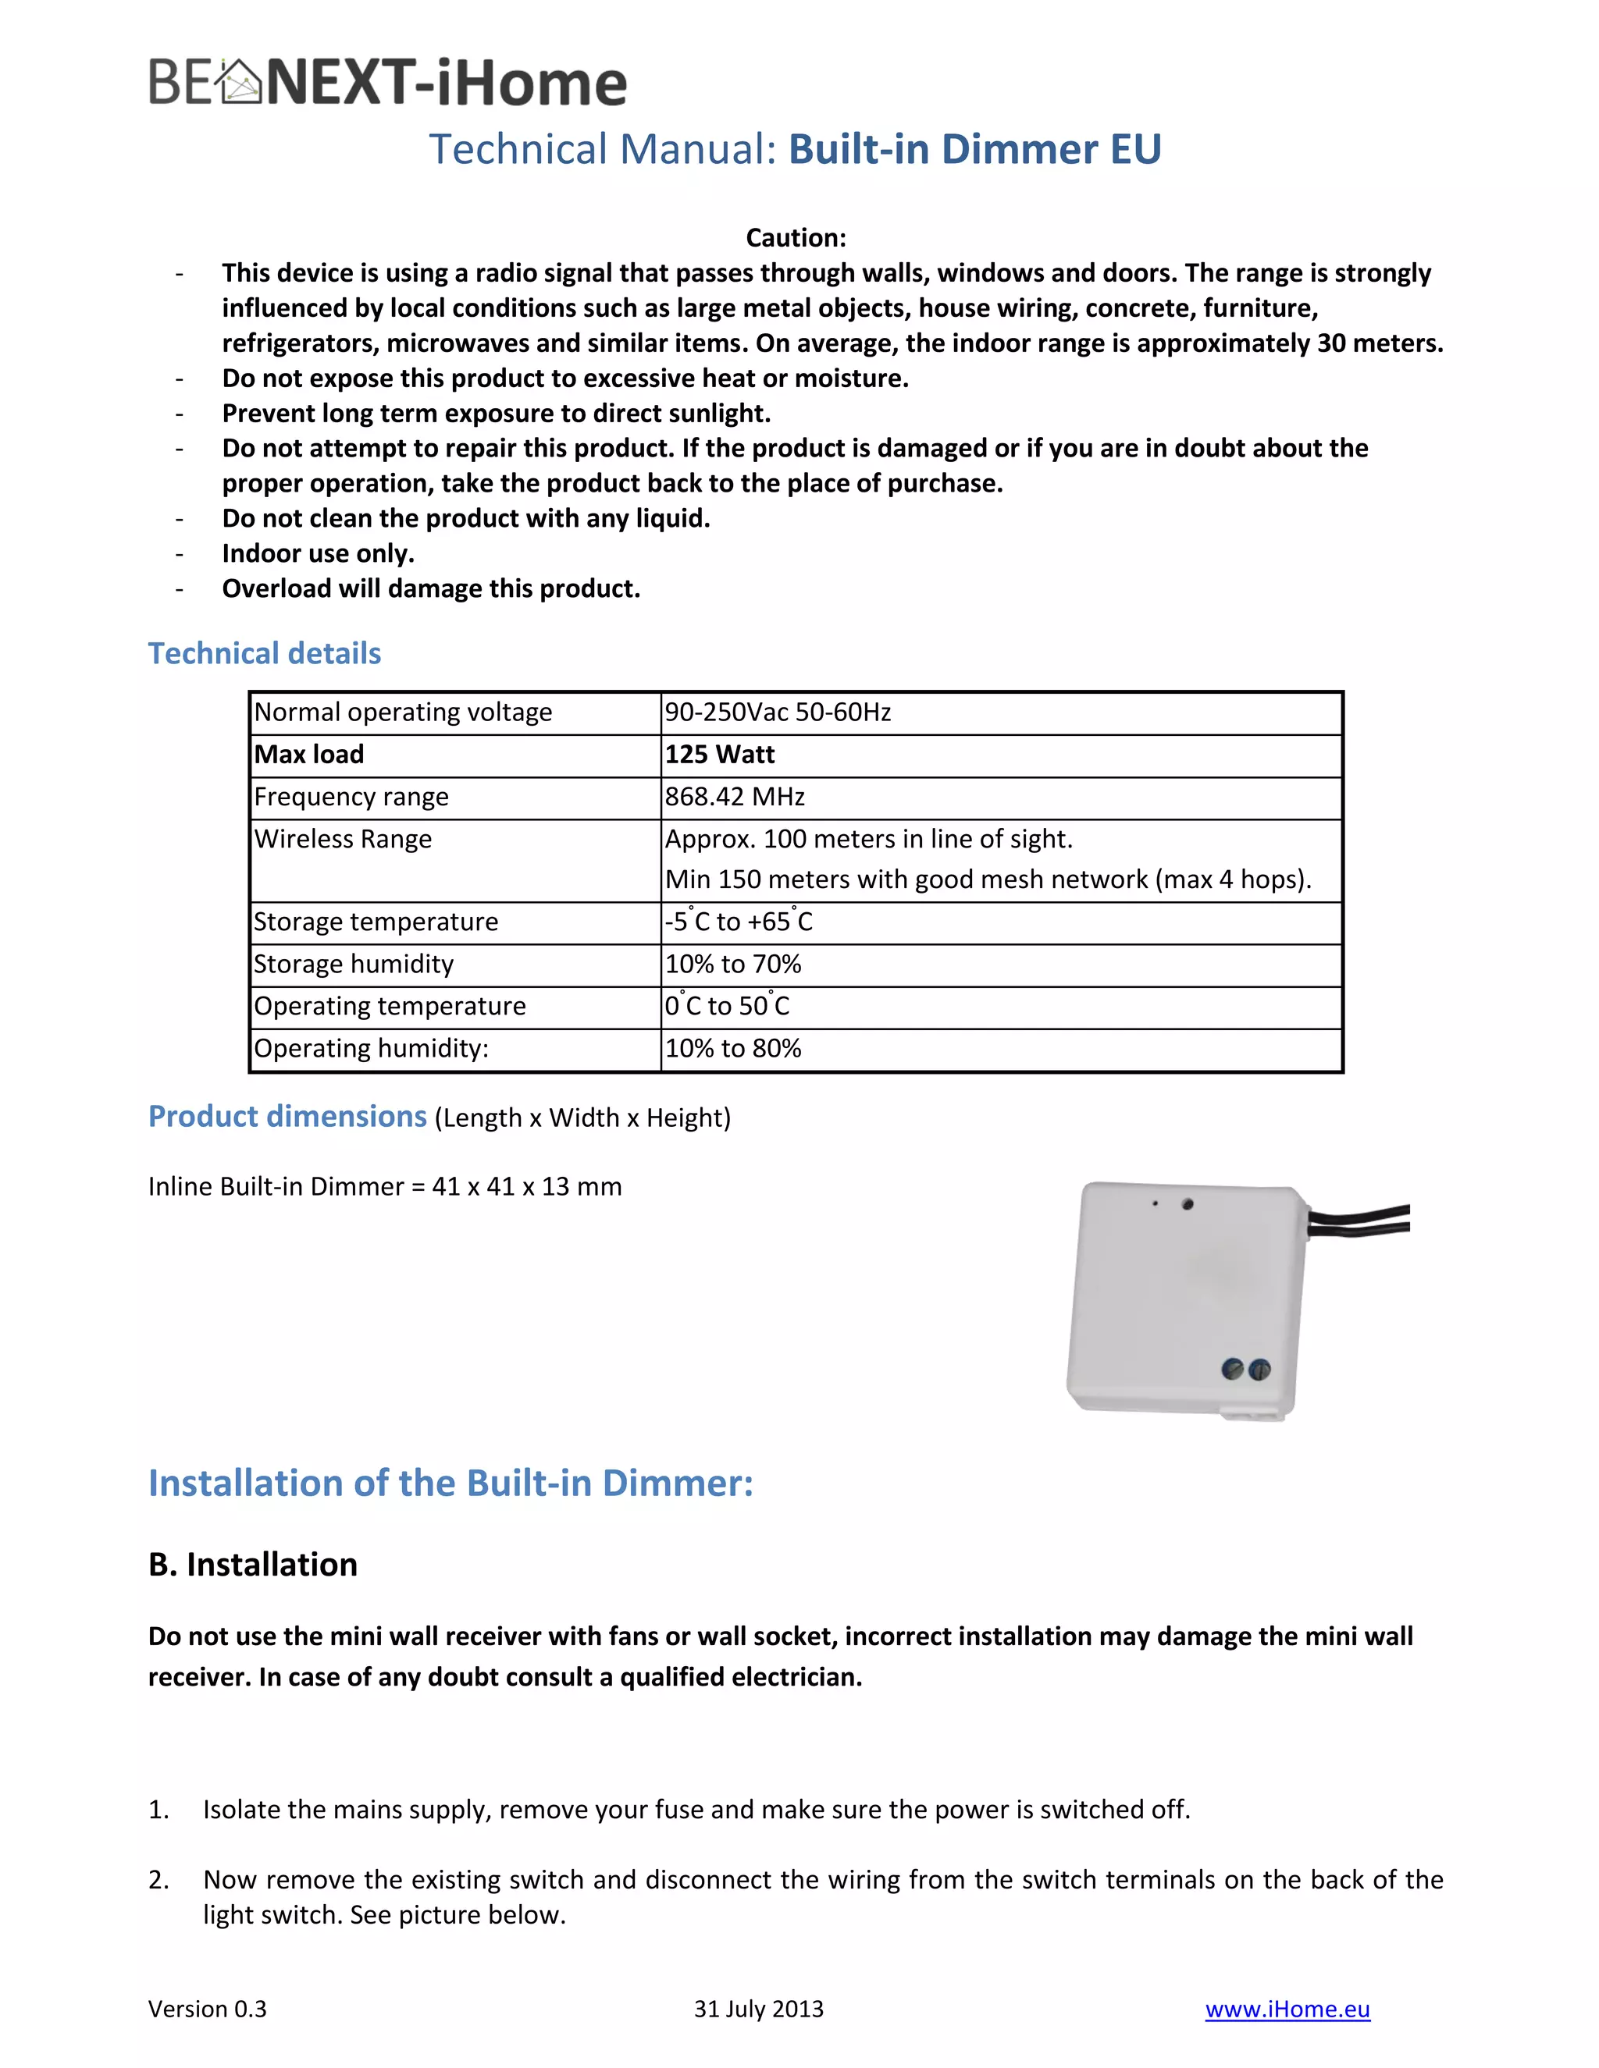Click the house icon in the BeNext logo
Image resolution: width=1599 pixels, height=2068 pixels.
(x=239, y=83)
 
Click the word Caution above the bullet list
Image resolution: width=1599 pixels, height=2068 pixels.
(x=795, y=238)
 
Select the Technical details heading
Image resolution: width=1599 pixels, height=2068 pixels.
(x=265, y=653)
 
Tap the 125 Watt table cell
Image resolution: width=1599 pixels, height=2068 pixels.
(x=719, y=755)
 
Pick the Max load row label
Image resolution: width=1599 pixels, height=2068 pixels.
(x=309, y=755)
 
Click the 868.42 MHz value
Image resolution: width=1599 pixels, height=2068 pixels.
(x=734, y=798)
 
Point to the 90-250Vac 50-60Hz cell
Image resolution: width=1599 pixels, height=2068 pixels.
(x=777, y=712)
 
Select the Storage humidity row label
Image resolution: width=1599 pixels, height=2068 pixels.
(x=354, y=964)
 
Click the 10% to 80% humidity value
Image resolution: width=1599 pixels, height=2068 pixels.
(x=732, y=1048)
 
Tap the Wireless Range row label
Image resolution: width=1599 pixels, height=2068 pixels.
(x=343, y=840)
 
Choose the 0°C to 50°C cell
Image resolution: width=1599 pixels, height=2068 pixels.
(x=727, y=1007)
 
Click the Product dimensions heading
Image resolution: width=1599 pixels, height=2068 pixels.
(x=288, y=1117)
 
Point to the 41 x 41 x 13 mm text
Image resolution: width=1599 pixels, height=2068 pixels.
(x=527, y=1186)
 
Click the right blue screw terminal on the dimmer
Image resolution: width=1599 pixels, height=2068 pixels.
(x=1259, y=1370)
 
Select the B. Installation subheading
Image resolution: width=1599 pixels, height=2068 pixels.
(x=253, y=1564)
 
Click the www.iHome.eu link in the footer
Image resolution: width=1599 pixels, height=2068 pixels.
(x=1287, y=2009)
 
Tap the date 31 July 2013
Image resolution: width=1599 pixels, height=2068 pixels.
(x=758, y=2009)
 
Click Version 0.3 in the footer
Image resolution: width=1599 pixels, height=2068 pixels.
(x=208, y=2009)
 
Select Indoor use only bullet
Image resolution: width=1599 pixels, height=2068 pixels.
(x=319, y=554)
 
